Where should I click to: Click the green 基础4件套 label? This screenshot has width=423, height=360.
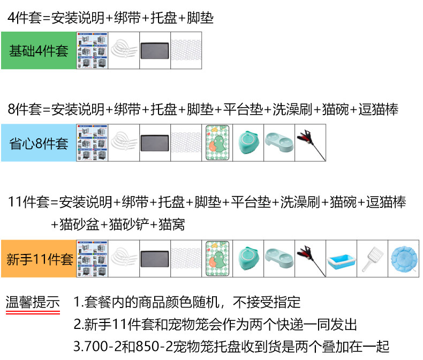click(39, 51)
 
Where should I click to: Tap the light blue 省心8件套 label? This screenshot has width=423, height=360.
click(39, 143)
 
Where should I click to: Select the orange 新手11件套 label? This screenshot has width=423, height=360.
click(39, 259)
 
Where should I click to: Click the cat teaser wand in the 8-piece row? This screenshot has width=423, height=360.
click(309, 142)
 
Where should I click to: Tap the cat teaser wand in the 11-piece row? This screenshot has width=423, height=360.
click(309, 258)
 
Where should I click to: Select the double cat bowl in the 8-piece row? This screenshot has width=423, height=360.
click(278, 142)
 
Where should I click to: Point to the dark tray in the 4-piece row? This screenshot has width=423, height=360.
click(155, 51)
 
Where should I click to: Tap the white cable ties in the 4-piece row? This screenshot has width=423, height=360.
click(124, 51)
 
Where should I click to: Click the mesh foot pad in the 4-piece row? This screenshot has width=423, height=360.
click(186, 51)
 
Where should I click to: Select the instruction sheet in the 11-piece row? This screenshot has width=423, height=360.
click(93, 258)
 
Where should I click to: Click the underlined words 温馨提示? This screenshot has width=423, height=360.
click(33, 302)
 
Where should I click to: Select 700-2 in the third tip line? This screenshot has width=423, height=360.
click(102, 346)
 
